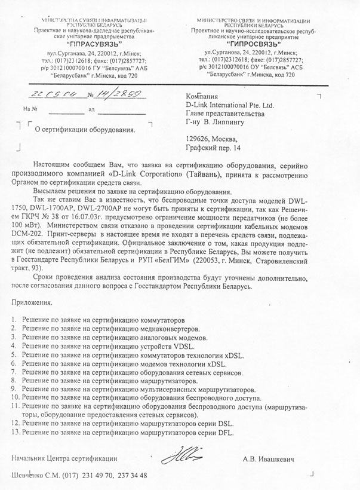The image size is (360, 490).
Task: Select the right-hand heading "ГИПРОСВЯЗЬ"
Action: (x=251, y=44)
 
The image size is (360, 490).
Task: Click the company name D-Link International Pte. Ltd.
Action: (x=230, y=105)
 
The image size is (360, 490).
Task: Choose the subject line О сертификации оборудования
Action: (x=85, y=128)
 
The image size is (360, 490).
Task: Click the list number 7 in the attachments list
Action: (x=14, y=372)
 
